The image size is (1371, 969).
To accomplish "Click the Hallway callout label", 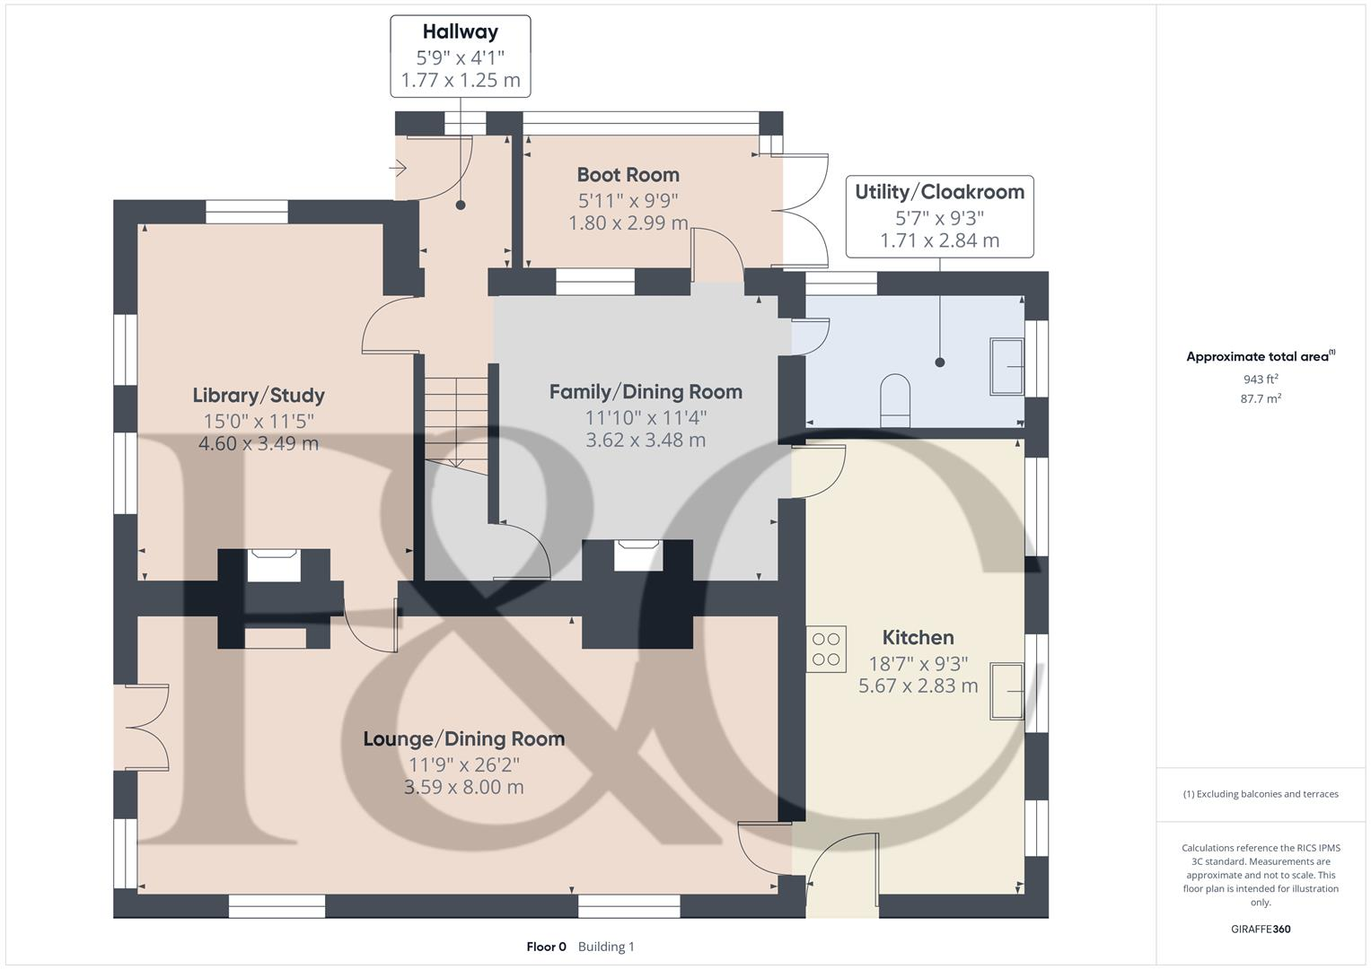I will pos(460,32).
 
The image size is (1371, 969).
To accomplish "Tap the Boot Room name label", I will pos(628,175).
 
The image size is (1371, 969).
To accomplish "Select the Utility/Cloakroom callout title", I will pos(939,192).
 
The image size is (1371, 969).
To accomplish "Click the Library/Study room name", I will pos(259,396).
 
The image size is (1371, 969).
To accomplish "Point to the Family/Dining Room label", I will pos(646,392).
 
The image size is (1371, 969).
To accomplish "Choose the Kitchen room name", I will pos(918,638).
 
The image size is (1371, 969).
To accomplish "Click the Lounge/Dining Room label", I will pos(463,739).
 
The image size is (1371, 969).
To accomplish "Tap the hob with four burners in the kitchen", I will pos(826,650).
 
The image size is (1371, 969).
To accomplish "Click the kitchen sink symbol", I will pos(1006,691).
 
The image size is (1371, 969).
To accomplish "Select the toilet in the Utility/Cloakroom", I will pos(894,401).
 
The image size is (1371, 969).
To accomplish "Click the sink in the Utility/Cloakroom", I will pos(1006,366).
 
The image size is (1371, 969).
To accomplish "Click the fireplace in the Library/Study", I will pos(274,565).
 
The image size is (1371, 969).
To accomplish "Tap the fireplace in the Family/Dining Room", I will pos(638,555).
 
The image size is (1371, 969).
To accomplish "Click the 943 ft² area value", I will pos(1261,380).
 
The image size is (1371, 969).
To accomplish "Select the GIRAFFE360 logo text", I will pos(1261,929).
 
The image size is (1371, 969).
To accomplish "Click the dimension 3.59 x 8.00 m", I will pos(463,787).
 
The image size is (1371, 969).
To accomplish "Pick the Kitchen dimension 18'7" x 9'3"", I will pos(918,664).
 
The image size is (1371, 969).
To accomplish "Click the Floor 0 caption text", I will pos(546,947).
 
